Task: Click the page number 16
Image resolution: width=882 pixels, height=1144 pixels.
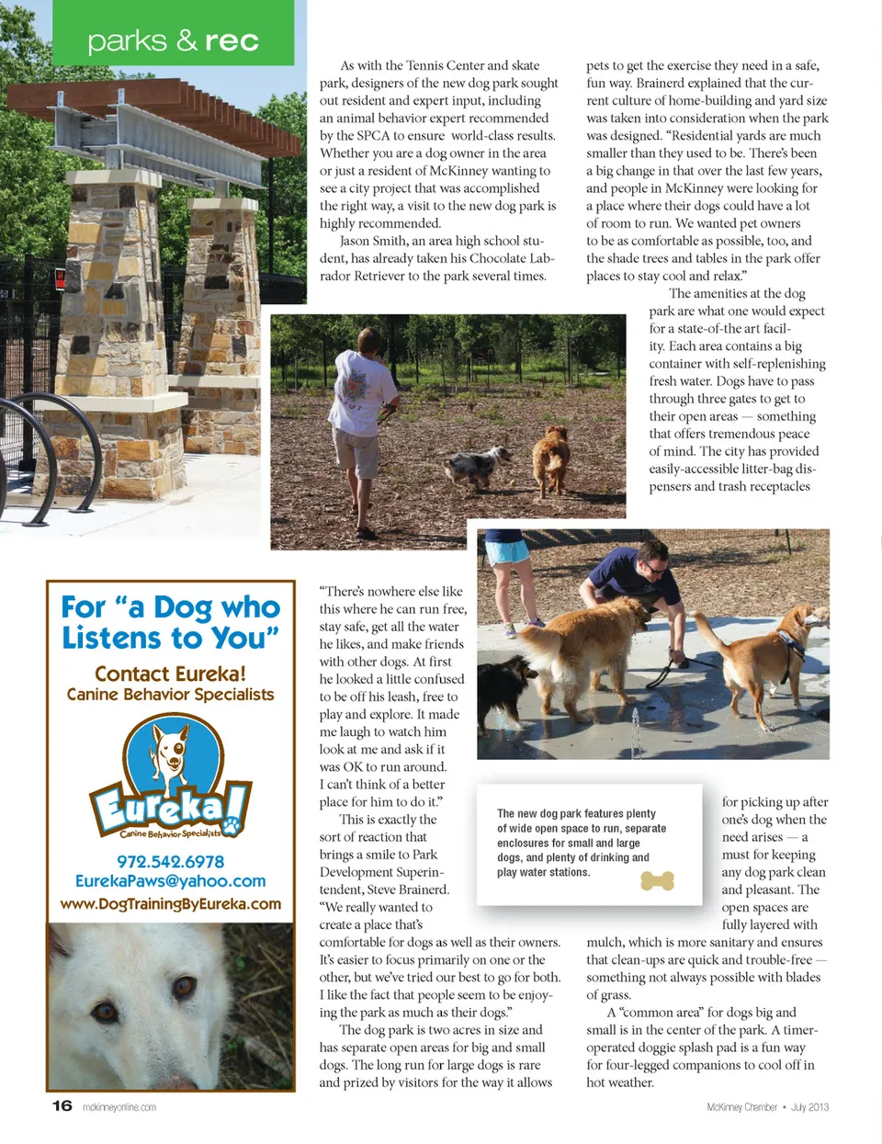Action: coord(62,1105)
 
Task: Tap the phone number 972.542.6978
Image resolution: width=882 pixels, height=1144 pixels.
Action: coord(170,861)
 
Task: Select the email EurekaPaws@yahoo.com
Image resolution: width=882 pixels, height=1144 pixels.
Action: coord(170,881)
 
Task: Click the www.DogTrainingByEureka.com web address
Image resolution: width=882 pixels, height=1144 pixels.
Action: coord(170,903)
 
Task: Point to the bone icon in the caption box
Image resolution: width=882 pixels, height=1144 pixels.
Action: coord(657,881)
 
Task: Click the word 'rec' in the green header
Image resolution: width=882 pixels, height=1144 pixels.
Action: coord(232,41)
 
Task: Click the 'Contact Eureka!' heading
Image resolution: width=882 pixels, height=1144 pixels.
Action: coord(170,674)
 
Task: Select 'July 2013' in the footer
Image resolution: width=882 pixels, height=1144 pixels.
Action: coord(809,1107)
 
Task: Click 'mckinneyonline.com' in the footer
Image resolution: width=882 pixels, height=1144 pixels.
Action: coord(119,1107)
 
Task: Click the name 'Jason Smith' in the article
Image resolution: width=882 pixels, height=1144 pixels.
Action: coord(371,241)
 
